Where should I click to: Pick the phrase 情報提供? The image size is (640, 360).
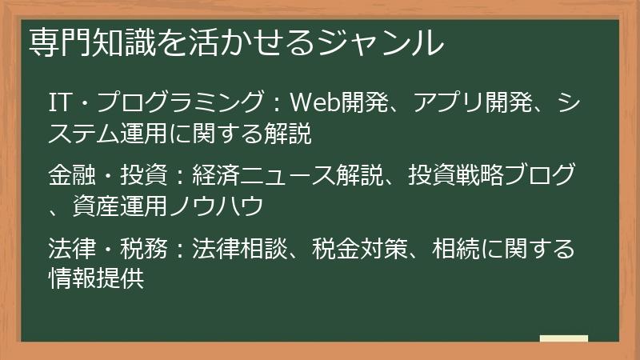[x=96, y=280]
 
